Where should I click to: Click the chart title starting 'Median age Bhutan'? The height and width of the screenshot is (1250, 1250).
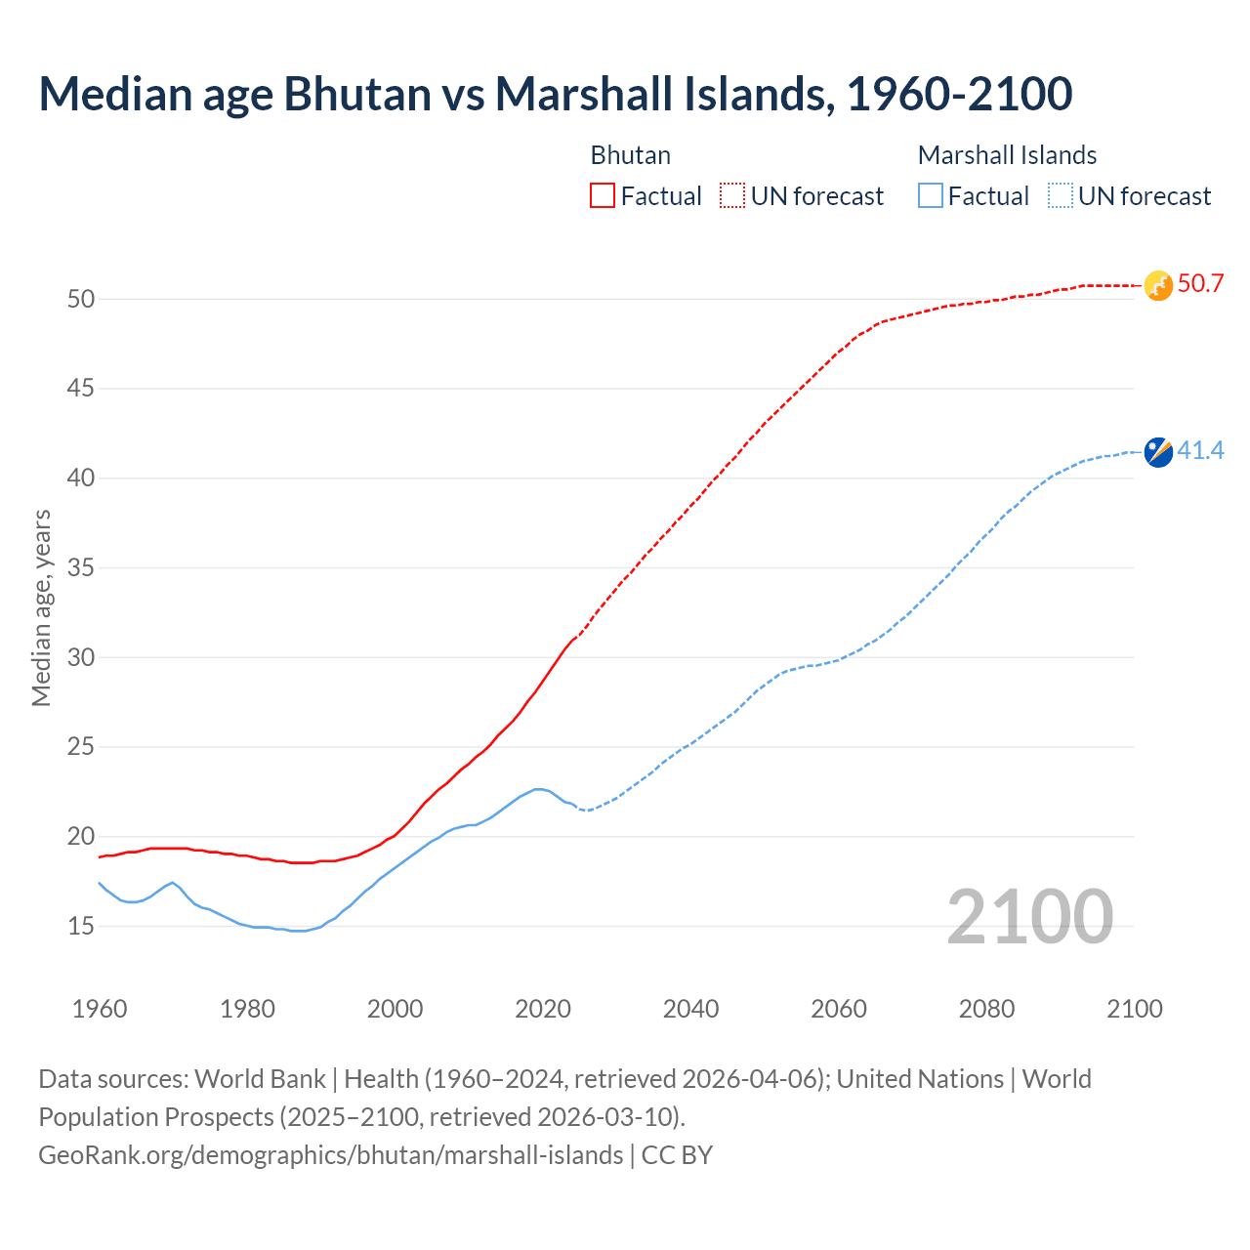pos(555,94)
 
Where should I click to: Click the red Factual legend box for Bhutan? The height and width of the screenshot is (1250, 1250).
pos(603,195)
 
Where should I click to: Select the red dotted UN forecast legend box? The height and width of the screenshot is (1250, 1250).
pos(732,195)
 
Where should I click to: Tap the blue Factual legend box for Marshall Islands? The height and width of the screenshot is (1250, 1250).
pos(931,195)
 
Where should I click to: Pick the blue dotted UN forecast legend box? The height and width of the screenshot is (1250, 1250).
pos(1061,195)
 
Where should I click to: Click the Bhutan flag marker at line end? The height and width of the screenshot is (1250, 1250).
pos(1158,285)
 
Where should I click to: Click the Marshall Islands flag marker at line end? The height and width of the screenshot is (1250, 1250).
pos(1158,452)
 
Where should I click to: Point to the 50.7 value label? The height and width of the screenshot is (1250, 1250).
pos(1200,284)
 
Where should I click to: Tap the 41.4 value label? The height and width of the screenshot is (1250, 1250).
pos(1200,451)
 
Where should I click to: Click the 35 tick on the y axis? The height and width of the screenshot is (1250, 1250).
pos(81,567)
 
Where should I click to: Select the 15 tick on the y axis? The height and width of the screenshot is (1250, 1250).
pos(81,926)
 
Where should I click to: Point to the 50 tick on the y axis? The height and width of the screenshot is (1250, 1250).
pos(81,299)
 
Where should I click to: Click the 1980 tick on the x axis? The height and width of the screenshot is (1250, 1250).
pos(247,1009)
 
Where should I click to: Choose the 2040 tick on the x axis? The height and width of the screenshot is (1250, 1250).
pos(690,1009)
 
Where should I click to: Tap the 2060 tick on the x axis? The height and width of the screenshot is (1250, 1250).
pos(839,1009)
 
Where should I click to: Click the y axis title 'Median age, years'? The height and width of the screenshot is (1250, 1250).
pos(41,607)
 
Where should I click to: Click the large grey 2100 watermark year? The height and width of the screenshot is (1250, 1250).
pos(1030,916)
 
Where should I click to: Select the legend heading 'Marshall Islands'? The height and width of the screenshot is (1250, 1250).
pos(1007,155)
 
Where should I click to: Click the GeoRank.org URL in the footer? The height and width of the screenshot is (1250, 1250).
pos(330,1154)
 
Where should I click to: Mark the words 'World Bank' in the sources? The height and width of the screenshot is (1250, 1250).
pos(260,1079)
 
